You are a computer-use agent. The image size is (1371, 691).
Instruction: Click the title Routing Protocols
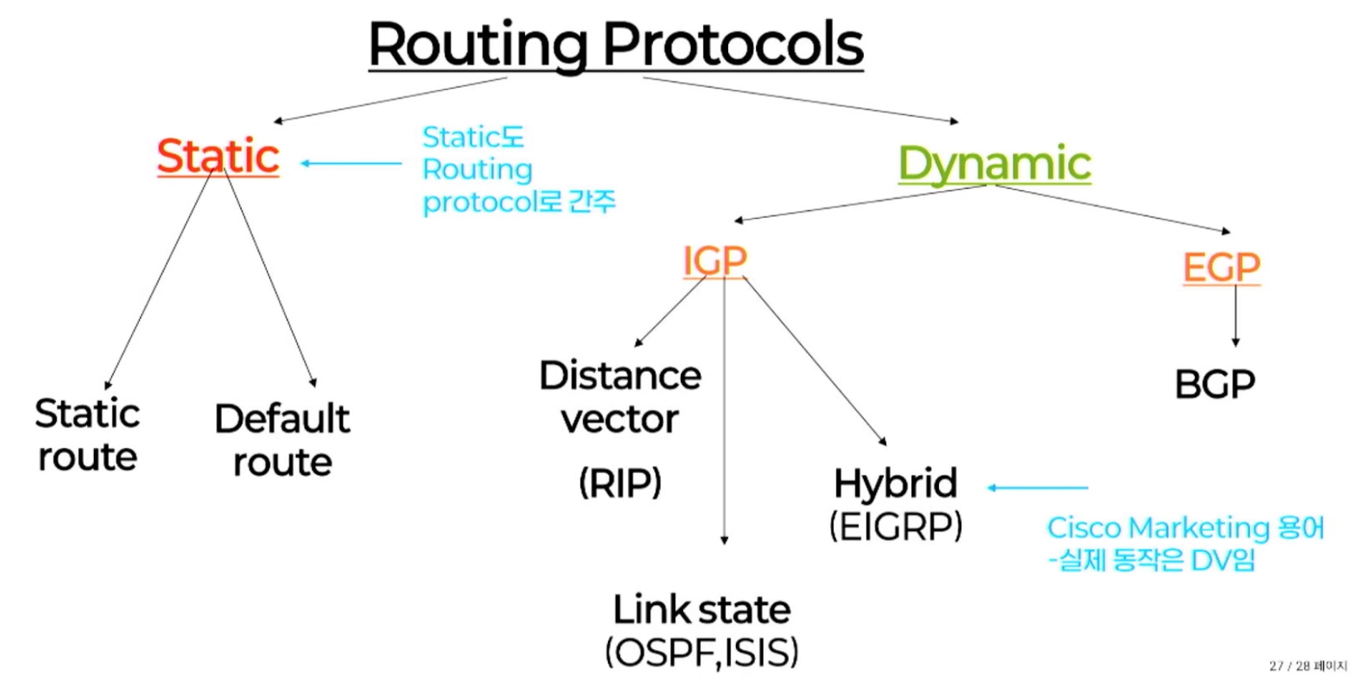tap(616, 45)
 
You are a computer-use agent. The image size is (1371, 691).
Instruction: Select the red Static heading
tap(218, 156)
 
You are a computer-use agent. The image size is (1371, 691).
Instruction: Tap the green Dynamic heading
tap(994, 164)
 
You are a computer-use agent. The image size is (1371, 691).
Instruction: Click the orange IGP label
tap(715, 260)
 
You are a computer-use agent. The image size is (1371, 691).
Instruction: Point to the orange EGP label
tap(1221, 267)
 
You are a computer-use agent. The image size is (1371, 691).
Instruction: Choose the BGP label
tap(1215, 385)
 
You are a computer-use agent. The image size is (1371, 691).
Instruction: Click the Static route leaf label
tap(88, 435)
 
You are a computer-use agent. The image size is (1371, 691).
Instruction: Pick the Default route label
tap(282, 440)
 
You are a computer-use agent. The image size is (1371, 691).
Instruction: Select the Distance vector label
tap(620, 397)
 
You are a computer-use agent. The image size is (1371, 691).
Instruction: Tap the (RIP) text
tap(620, 483)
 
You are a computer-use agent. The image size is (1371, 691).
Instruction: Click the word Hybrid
tap(896, 484)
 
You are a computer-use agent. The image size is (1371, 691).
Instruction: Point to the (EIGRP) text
tap(896, 526)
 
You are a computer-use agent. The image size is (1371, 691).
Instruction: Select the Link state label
tap(702, 610)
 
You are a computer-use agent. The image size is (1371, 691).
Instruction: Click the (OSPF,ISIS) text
tap(702, 653)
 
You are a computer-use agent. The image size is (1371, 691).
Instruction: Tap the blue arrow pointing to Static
tap(351, 163)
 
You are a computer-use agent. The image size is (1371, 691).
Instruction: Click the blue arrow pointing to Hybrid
tap(1038, 488)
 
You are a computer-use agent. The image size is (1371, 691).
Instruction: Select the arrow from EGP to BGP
tap(1236, 316)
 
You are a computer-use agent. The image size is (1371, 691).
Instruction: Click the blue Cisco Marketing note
tap(1185, 543)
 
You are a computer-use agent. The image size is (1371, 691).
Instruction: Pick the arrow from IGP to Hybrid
tap(815, 361)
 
